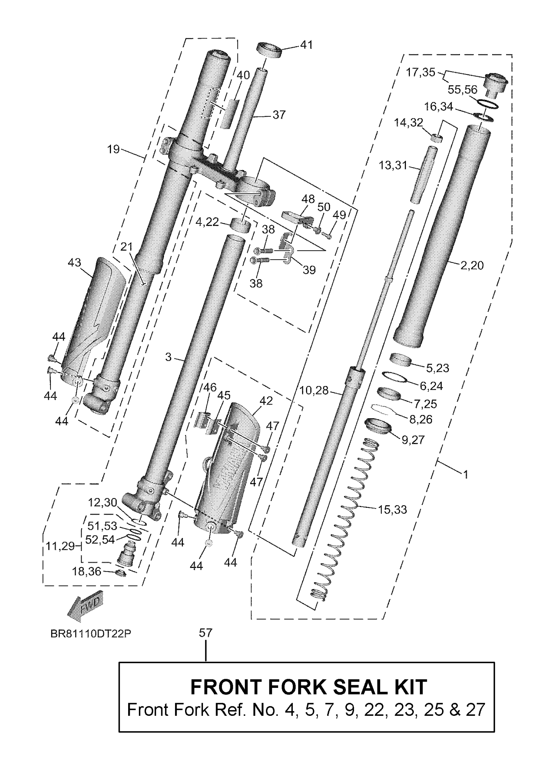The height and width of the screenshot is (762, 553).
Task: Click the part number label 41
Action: pyautogui.click(x=306, y=45)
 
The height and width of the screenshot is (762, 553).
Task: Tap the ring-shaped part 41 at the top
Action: pyautogui.click(x=269, y=50)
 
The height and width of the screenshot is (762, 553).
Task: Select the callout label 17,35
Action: pyautogui.click(x=420, y=72)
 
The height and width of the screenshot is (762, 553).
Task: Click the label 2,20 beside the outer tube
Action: pyautogui.click(x=472, y=265)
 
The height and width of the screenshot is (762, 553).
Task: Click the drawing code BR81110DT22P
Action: pyautogui.click(x=91, y=633)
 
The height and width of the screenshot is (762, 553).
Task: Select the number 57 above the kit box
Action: pyautogui.click(x=206, y=633)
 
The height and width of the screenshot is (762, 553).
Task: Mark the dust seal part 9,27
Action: pyautogui.click(x=378, y=426)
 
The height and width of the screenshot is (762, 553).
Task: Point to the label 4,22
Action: pyautogui.click(x=207, y=222)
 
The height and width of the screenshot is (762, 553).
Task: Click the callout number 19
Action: pyautogui.click(x=113, y=149)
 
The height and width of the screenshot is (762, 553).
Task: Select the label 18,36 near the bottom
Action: pyautogui.click(x=86, y=571)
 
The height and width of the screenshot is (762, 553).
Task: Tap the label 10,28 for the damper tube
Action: pyautogui.click(x=314, y=390)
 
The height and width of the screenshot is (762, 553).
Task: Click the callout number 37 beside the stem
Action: pyautogui.click(x=279, y=114)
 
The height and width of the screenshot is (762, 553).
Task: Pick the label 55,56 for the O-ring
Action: pyautogui.click(x=462, y=89)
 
